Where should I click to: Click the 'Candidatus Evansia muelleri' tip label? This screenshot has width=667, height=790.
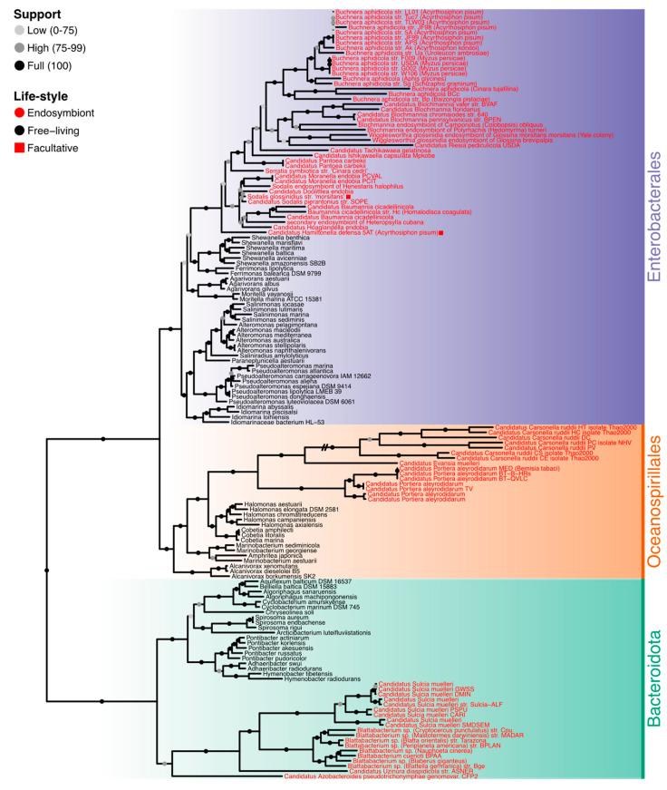pyautogui.click(x=434, y=463)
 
